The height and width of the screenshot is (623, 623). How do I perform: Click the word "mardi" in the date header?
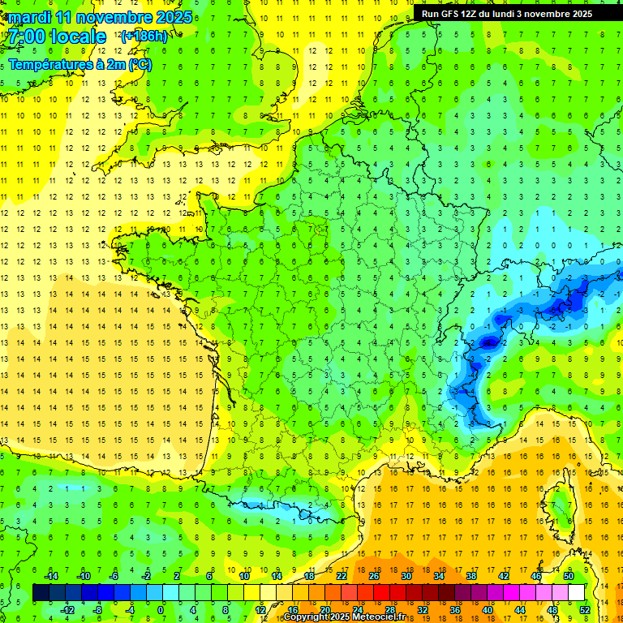pos(29,17)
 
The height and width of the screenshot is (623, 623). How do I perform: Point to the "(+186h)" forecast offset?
pos(144,36)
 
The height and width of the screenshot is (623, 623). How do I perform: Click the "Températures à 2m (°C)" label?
pos(79,64)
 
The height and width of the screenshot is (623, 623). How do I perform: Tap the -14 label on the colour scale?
pos(50,575)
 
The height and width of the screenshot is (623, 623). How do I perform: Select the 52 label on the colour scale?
pos(585,609)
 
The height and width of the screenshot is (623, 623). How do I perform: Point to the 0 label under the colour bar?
pos(160,609)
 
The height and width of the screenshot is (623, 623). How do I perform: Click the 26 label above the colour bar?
pos(374,575)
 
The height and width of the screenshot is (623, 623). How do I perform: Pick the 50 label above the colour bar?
pos(569,575)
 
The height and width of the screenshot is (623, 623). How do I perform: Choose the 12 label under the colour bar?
pos(260,609)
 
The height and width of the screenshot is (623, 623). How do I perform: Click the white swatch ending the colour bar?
pos(577,592)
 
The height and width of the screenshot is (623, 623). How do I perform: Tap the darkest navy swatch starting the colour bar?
pos(41,592)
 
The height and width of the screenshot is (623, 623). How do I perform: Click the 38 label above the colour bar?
pos(471,575)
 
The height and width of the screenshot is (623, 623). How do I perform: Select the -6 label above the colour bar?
pos(114,575)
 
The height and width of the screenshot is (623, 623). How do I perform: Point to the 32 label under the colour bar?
pos(423,609)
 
